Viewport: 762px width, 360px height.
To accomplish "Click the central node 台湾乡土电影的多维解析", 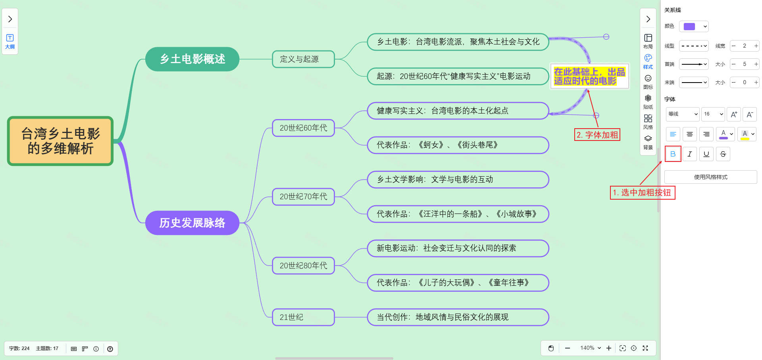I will click(x=60, y=141).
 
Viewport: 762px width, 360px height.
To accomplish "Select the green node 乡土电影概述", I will click(x=192, y=59).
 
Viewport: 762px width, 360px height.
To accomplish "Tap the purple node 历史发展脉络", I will click(x=192, y=223).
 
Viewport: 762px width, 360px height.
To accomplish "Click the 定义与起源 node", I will click(x=303, y=59).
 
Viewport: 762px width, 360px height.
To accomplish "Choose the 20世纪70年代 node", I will click(x=303, y=196).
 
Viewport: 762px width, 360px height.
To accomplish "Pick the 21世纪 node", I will click(x=303, y=317).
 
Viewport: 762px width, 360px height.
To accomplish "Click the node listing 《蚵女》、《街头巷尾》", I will click(x=458, y=145).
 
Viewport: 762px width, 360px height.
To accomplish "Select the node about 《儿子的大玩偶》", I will click(x=458, y=283).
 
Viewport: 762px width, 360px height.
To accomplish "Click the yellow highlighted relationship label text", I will click(x=589, y=76).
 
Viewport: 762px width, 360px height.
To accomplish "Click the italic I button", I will click(x=690, y=154).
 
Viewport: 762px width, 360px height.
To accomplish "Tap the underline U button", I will click(x=706, y=154).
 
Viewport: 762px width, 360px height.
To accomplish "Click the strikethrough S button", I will click(x=723, y=154).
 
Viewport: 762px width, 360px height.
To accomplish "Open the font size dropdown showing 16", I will click(x=713, y=114).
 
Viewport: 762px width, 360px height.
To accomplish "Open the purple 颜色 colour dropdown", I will click(x=694, y=27).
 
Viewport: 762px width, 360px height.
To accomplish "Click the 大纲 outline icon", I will click(x=10, y=41).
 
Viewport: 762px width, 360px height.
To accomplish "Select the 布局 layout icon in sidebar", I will click(x=648, y=41).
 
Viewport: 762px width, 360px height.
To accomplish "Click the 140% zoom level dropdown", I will click(x=590, y=348).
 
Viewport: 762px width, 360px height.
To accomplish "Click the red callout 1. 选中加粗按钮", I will click(x=642, y=193).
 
